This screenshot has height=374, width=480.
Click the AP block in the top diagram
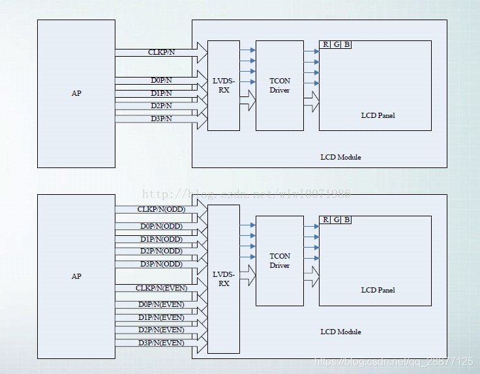[76, 93]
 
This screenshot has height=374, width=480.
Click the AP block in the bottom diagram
[76, 276]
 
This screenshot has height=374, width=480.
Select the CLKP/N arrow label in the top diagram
[160, 51]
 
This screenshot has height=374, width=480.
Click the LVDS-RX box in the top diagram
[224, 85]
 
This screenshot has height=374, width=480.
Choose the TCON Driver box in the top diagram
[280, 85]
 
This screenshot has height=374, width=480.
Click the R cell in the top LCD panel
[325, 44]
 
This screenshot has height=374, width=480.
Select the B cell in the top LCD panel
[346, 44]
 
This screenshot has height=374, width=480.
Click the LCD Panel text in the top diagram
[378, 115]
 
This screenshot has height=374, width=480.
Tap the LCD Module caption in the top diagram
[340, 157]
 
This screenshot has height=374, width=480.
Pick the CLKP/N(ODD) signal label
[160, 210]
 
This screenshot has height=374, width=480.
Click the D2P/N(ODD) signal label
[161, 251]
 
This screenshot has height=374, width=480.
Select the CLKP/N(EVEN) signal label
[161, 288]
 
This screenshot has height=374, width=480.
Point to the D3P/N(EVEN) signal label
[161, 343]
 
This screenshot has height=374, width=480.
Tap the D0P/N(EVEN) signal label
[161, 304]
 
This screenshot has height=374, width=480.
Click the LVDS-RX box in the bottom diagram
[224, 279]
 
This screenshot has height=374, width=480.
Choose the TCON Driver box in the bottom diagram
[280, 261]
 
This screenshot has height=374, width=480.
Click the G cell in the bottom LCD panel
[336, 220]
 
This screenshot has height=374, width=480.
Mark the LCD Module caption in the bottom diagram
[340, 332]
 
